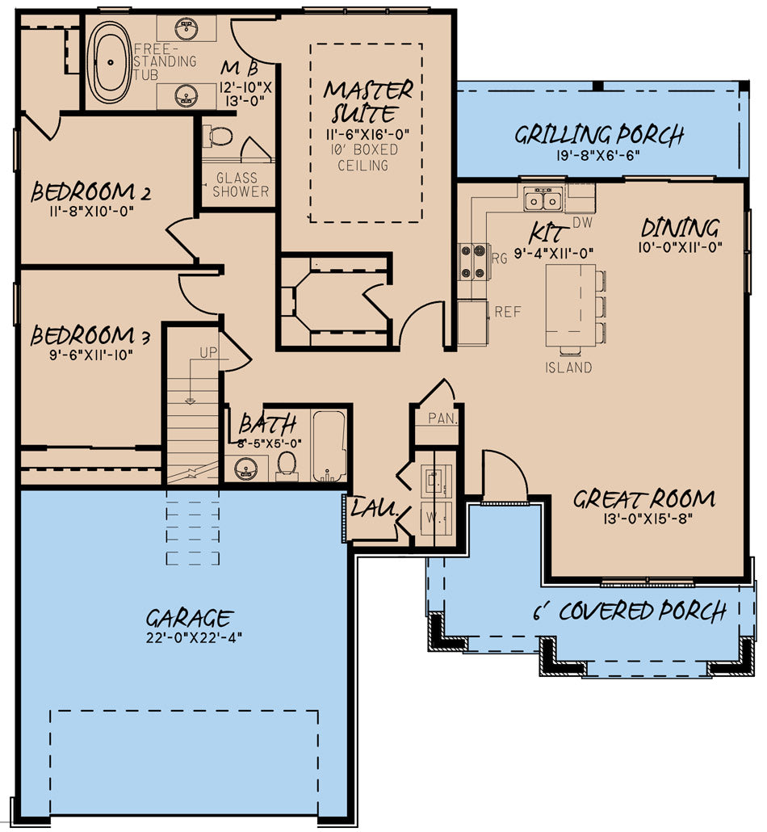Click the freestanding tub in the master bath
click(x=110, y=61)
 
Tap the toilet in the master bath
click(x=219, y=136)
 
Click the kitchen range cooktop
click(x=473, y=261)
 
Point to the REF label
click(x=508, y=312)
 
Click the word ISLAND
click(x=568, y=368)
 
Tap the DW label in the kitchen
click(x=582, y=223)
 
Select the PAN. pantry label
click(x=443, y=418)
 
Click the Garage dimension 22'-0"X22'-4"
click(x=194, y=637)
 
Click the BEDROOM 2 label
click(x=90, y=192)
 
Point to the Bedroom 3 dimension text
click(x=90, y=355)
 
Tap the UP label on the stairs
click(x=208, y=352)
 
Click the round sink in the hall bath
click(x=245, y=468)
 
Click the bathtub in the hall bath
click(x=329, y=446)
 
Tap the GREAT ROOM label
click(x=644, y=499)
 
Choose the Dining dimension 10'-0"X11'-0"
click(x=680, y=247)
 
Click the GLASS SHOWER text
click(x=241, y=185)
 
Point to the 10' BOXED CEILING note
click(x=364, y=158)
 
